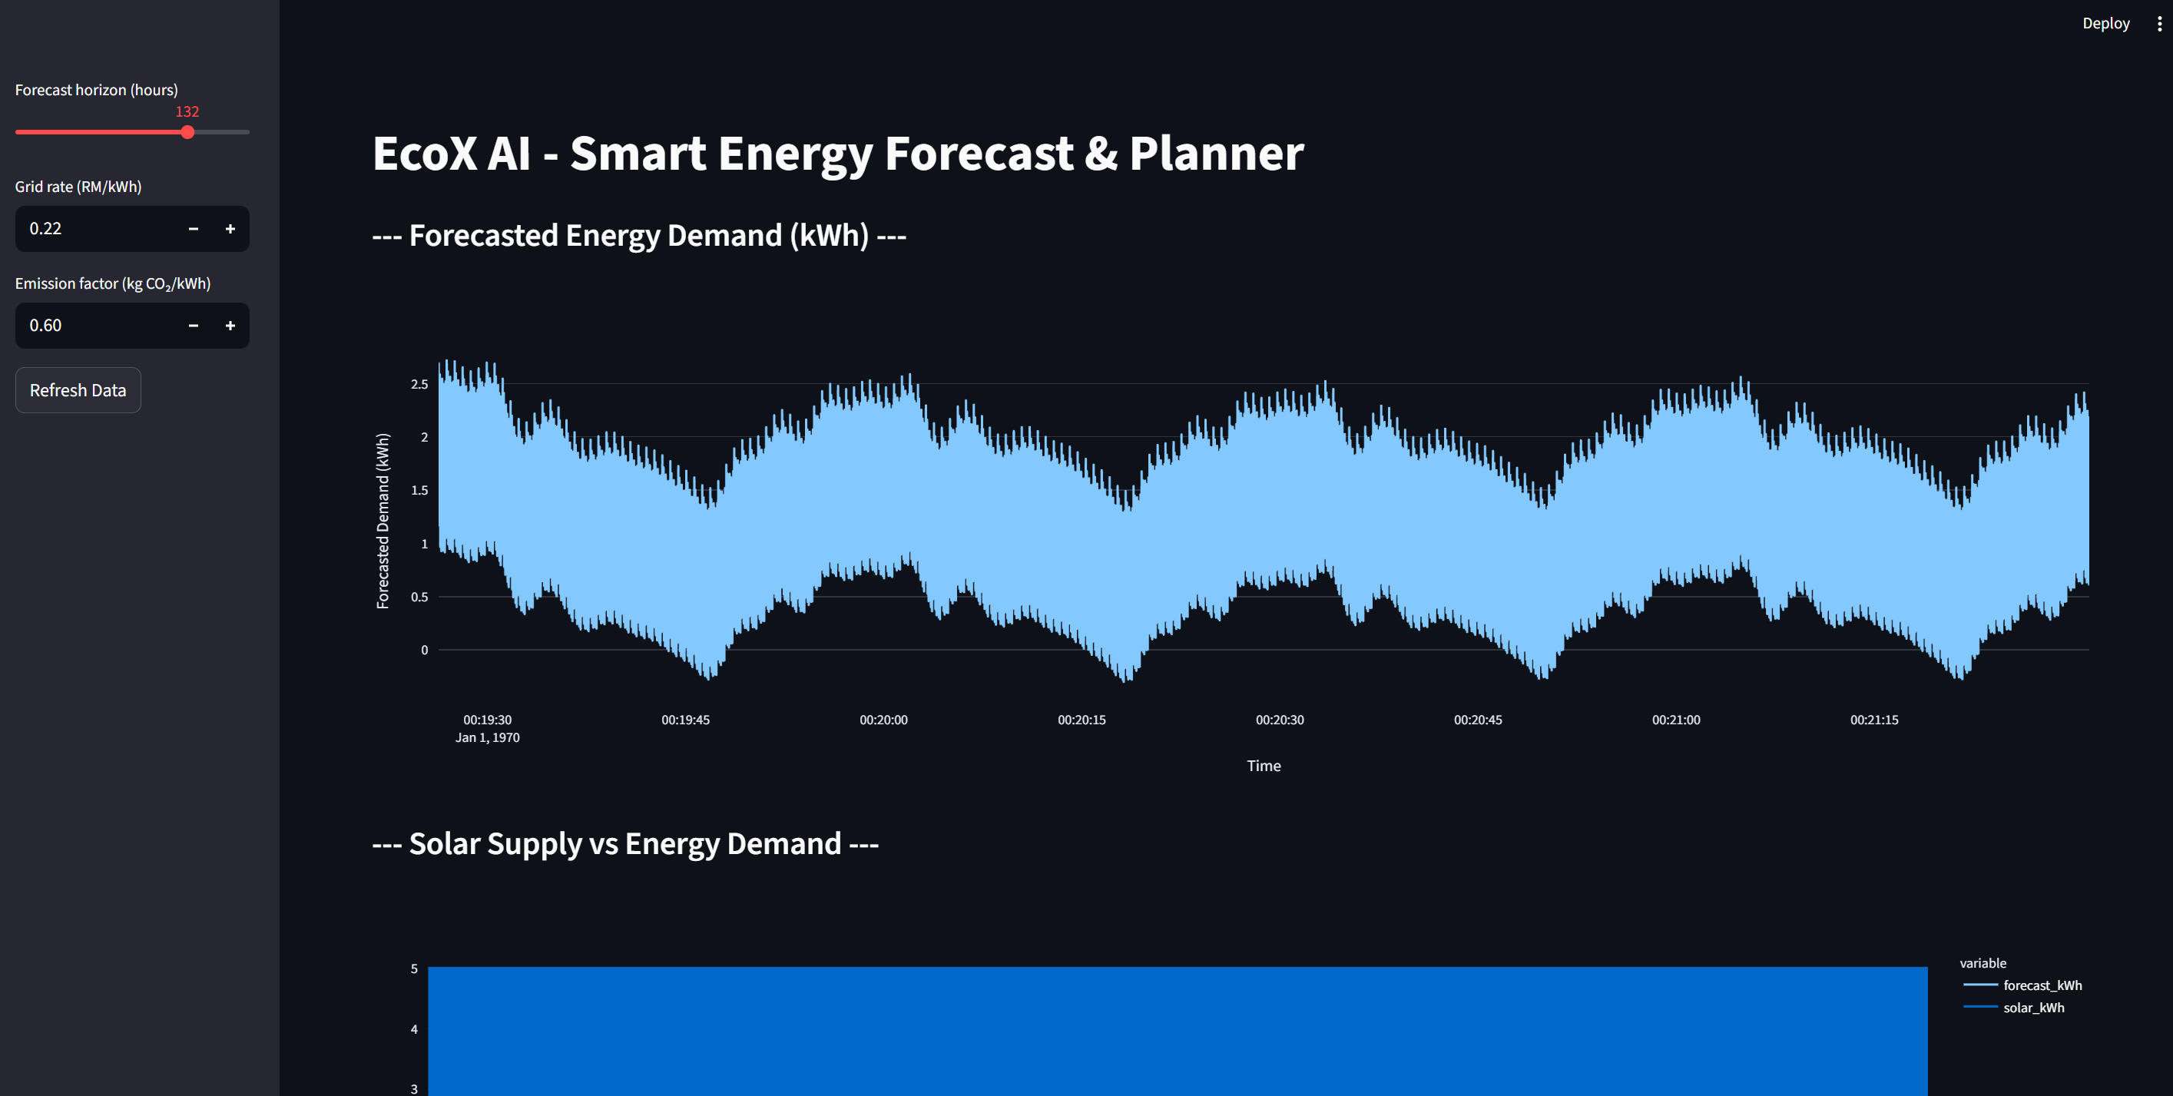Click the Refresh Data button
pos(78,390)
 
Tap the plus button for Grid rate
pos(230,229)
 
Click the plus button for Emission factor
pos(230,326)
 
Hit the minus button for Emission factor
pos(193,326)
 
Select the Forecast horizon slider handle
pos(187,132)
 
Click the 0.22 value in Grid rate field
pos(45,229)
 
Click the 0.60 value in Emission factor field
pos(45,326)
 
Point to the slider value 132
pos(187,111)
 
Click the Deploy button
pos(2105,24)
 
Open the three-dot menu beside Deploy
pos(2158,24)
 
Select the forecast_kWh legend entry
pos(2042,985)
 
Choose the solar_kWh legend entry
pos(2033,1008)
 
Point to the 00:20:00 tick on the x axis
pos(883,720)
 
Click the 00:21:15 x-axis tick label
pos(1873,720)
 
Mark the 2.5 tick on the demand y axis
pos(419,384)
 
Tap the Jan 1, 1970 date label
pos(487,737)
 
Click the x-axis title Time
pos(1263,765)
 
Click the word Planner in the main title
pos(1216,154)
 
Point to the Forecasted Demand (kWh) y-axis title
pos(383,521)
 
